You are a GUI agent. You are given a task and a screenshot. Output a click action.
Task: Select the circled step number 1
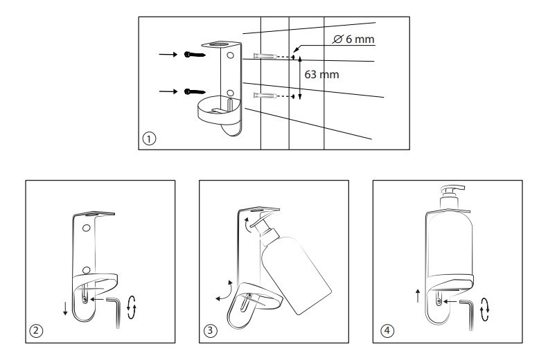click(x=147, y=138)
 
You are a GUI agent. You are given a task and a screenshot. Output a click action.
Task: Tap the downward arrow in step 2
click(x=65, y=307)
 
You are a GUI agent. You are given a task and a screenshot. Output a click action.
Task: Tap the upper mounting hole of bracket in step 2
click(x=87, y=228)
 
